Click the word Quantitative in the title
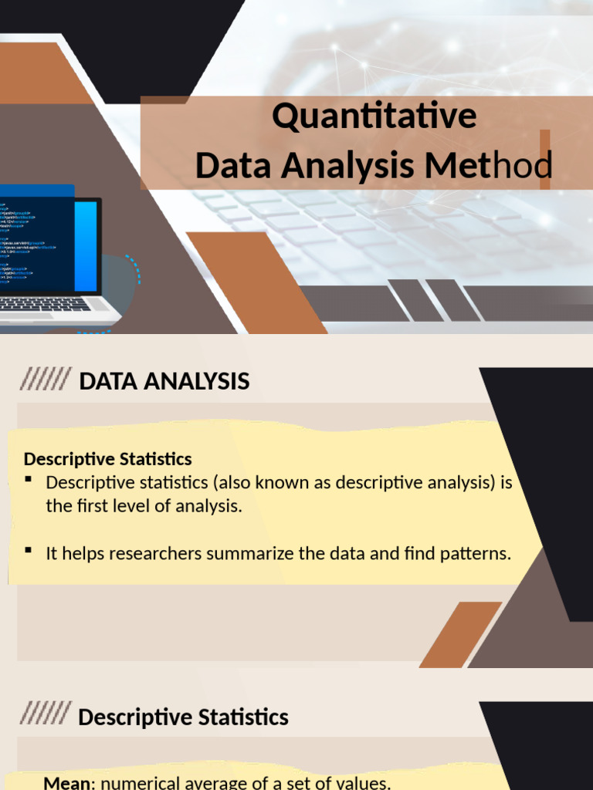374,117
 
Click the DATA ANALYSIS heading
164,381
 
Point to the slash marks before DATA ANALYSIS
46,380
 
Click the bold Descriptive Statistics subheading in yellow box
107,459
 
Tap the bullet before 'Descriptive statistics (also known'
29,480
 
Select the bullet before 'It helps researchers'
29,550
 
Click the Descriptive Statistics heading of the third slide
183,717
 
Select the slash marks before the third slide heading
46,715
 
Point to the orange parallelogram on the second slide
460,634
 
